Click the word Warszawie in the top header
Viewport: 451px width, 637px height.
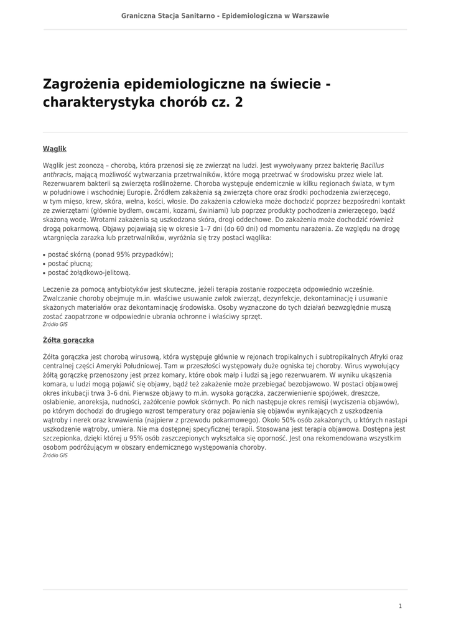tap(307, 16)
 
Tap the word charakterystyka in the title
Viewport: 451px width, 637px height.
tap(99, 103)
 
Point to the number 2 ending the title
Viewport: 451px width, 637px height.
tap(239, 103)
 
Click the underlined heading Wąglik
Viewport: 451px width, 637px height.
tap(54, 149)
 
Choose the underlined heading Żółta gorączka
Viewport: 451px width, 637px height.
tap(68, 340)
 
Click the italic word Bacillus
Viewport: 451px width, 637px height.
tap(372, 166)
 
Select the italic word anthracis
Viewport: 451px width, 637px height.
tap(57, 175)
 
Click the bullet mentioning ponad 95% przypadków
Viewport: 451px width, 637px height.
tap(111, 254)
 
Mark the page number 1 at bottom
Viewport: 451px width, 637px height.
tap(401, 606)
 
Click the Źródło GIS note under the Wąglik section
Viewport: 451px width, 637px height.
tap(55, 325)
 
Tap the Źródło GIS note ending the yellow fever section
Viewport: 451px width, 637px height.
tap(55, 456)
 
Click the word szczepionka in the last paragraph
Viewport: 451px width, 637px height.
tap(63, 438)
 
